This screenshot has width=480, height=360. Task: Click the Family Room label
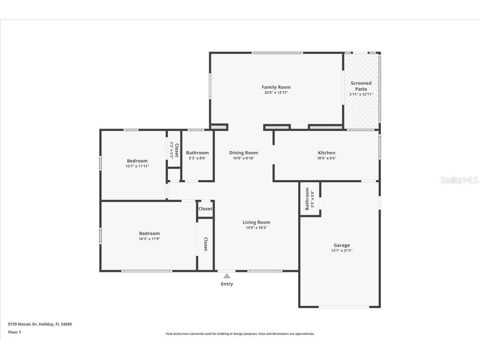276,87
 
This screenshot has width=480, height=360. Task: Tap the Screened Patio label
361,86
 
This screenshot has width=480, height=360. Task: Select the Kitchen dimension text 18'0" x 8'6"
327,158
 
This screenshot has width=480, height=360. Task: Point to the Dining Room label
244,153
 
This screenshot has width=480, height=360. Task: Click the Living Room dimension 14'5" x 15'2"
256,228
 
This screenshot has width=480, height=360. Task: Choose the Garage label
342,245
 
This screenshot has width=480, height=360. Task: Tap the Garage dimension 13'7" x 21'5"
342,251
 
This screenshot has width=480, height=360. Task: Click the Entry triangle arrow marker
227,276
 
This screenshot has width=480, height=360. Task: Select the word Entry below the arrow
227,284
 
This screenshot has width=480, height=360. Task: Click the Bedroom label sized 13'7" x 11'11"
137,161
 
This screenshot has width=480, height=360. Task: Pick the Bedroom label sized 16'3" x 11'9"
149,234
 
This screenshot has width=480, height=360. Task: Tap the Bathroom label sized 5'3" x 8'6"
197,153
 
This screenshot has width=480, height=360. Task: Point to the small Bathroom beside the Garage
307,199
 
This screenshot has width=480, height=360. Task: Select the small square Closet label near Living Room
205,209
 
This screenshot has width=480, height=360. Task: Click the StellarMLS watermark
459,180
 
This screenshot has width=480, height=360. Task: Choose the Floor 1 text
14,332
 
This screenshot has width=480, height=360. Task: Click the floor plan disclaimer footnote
240,334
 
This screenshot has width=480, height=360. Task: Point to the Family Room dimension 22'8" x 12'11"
276,93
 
